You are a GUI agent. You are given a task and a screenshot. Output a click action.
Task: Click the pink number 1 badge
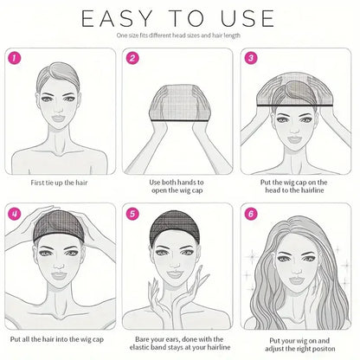15,59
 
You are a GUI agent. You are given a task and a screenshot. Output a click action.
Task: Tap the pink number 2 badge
133,59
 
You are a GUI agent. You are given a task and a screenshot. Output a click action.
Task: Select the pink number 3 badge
252,59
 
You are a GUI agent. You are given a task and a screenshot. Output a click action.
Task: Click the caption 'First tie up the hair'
60,183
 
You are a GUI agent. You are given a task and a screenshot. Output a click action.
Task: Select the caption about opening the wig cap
179,188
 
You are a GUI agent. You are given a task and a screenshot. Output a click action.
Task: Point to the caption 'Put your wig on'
298,343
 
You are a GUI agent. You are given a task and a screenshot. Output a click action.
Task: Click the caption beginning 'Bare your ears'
179,343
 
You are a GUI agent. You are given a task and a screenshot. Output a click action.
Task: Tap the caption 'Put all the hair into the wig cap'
60,338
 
